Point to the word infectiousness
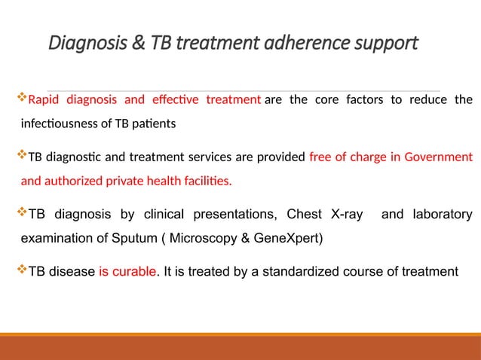[x=62, y=123]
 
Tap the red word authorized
[x=74, y=182]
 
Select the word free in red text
[x=320, y=157]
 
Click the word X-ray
[x=342, y=215]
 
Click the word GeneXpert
[x=289, y=239]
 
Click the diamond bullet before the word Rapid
[x=21, y=98]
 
